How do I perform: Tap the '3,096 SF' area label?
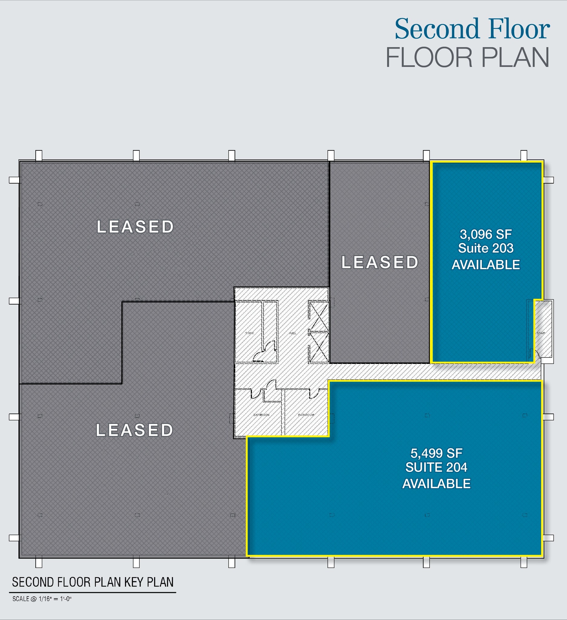click(x=486, y=235)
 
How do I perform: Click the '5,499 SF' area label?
click(x=436, y=453)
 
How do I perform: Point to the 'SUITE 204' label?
click(x=436, y=467)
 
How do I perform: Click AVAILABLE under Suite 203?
click(x=486, y=265)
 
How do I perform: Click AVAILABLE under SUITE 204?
click(x=436, y=484)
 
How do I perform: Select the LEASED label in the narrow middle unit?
click(x=380, y=262)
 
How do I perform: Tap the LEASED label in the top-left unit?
click(x=135, y=227)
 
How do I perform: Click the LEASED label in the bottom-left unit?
click(x=134, y=430)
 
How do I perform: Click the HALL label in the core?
click(x=293, y=333)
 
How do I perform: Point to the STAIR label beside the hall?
click(x=249, y=333)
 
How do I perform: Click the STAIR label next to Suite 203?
click(x=541, y=333)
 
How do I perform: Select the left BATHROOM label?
click(x=261, y=415)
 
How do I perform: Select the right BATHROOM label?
click(x=306, y=415)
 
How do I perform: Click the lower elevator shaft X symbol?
click(x=319, y=347)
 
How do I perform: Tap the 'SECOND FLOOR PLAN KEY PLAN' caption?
click(x=93, y=582)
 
